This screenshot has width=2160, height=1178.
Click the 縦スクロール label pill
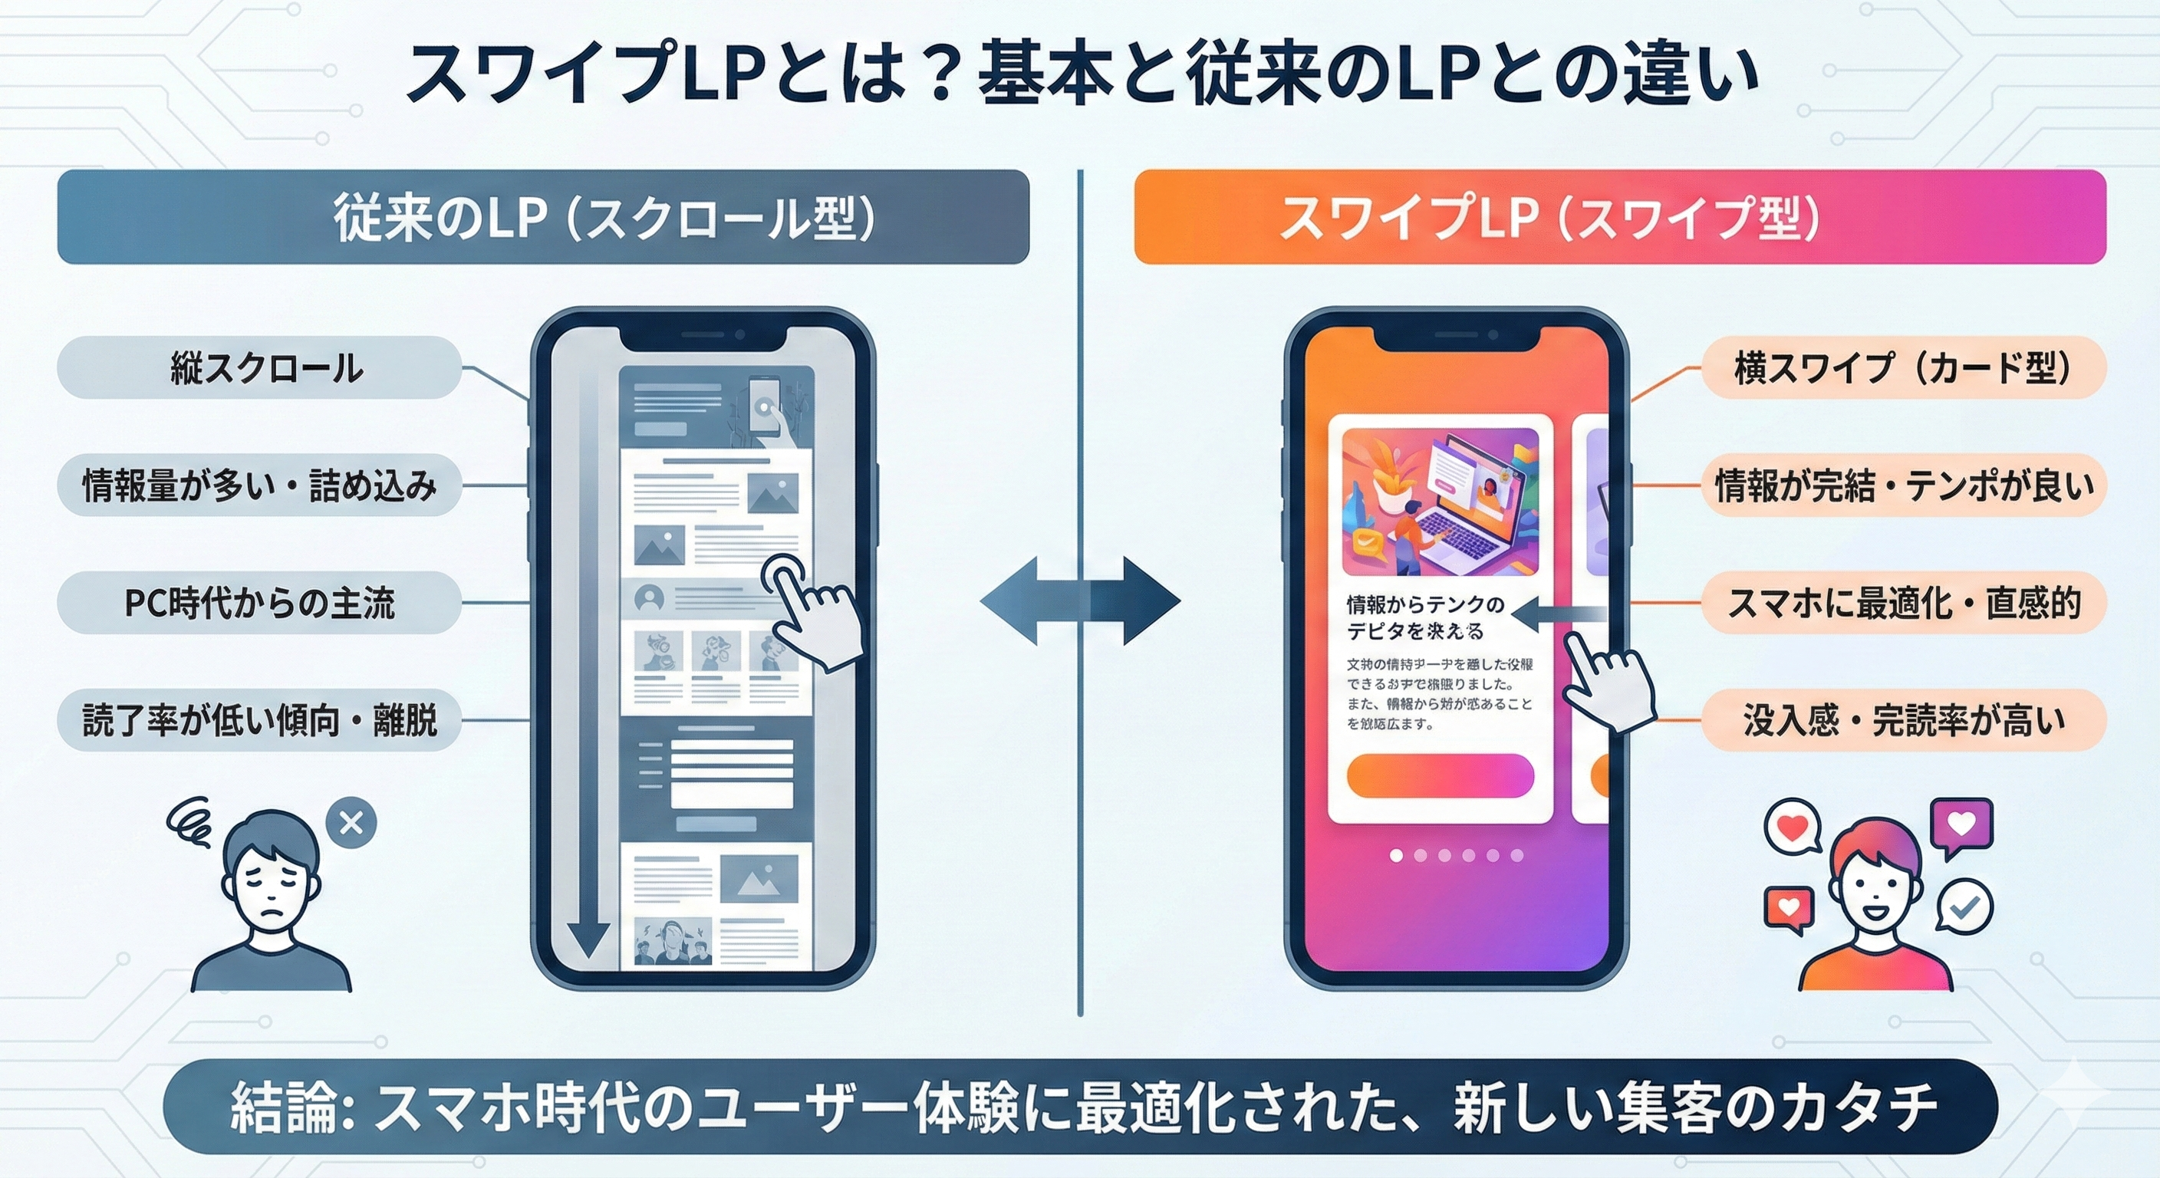(260, 368)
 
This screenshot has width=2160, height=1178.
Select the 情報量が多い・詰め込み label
(260, 485)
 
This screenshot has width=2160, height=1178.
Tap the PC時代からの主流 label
(260, 603)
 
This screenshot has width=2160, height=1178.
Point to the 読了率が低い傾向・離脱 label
(260, 720)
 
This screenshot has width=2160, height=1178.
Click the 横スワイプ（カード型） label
(1903, 368)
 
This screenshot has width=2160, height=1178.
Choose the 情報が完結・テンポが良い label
(1903, 485)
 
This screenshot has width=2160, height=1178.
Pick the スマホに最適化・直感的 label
(1903, 603)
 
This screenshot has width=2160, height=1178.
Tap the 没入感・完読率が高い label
(1903, 720)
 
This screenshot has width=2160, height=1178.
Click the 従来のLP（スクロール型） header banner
(542, 217)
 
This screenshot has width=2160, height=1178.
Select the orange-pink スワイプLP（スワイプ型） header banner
(1620, 217)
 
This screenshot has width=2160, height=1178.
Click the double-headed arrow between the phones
(1080, 601)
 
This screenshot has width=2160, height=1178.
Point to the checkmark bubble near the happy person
(1964, 906)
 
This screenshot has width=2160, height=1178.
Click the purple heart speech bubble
(1961, 825)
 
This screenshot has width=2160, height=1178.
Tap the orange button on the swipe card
(1440, 775)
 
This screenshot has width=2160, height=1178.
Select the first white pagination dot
(1396, 855)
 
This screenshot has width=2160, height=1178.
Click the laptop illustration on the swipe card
(1441, 502)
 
